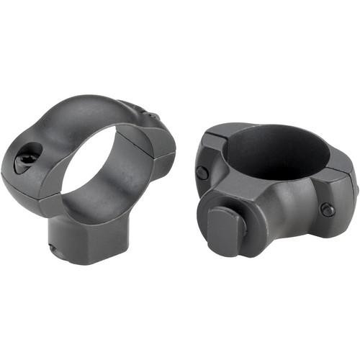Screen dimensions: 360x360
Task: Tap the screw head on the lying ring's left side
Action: pos(203,173)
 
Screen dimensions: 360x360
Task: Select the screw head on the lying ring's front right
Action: pos(328,209)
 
